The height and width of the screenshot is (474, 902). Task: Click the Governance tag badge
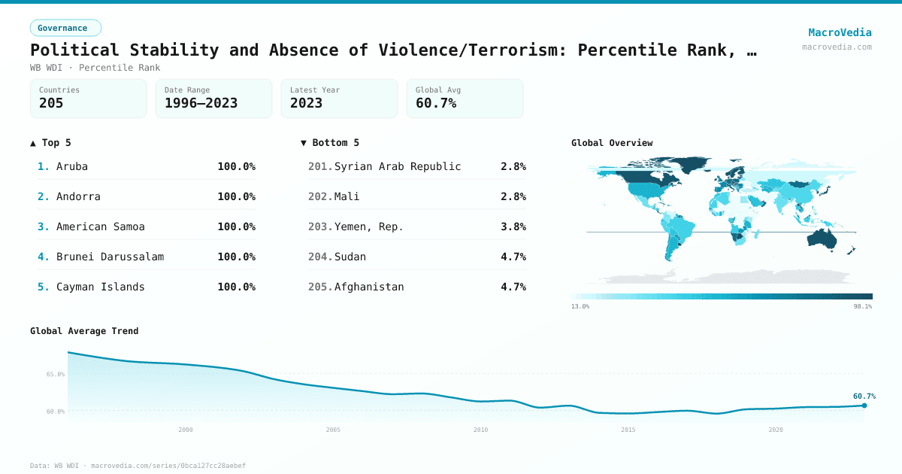click(65, 28)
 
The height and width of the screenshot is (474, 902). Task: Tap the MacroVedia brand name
click(840, 32)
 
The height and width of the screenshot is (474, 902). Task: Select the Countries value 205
click(51, 103)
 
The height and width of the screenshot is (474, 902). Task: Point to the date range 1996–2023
click(201, 103)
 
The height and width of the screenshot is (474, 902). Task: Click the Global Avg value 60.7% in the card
click(436, 103)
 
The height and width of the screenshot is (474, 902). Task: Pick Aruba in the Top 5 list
click(72, 166)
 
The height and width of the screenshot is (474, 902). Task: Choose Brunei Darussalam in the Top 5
click(110, 257)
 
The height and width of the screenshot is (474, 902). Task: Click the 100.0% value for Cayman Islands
click(236, 287)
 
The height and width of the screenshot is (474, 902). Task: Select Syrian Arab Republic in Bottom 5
click(398, 166)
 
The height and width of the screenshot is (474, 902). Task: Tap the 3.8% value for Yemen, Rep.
click(513, 226)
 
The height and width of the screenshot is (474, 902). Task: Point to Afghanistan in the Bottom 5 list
click(369, 287)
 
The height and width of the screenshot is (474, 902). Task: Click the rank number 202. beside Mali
click(320, 196)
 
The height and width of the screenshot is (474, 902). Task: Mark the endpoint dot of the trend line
click(864, 406)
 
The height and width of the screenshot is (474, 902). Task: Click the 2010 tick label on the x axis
click(480, 430)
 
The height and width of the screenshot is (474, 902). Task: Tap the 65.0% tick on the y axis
click(56, 374)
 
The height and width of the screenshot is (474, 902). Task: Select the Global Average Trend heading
click(84, 331)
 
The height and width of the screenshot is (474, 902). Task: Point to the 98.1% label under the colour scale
click(862, 306)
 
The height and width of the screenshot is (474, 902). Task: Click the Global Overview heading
click(612, 143)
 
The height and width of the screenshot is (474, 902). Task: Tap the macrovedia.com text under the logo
click(837, 47)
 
